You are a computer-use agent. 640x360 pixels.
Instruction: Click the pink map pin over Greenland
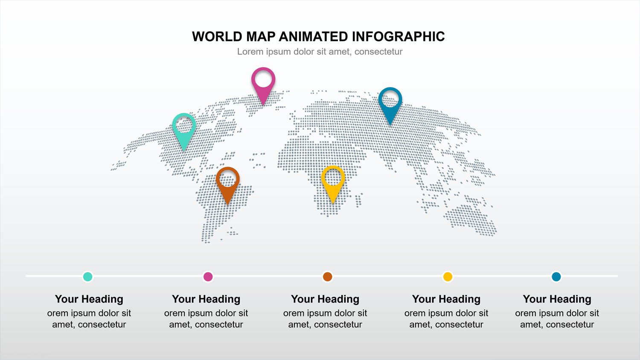(x=263, y=84)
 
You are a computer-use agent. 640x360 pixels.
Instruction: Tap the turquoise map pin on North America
(x=184, y=130)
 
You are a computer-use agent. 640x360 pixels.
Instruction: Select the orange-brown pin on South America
(x=227, y=183)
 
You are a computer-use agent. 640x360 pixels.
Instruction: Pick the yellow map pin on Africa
(x=333, y=182)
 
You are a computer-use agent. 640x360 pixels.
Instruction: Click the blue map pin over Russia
(x=390, y=104)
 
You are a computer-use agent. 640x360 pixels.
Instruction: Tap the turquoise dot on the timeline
(x=87, y=276)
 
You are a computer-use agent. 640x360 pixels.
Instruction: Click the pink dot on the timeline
(x=208, y=276)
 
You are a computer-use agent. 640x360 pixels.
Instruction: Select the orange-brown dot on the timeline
(x=327, y=276)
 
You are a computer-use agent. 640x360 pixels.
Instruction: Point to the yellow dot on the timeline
(x=448, y=276)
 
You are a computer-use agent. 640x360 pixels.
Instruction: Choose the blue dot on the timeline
(x=556, y=276)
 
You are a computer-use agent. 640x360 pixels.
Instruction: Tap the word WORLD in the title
(x=217, y=37)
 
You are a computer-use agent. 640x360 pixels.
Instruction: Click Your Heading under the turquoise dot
(x=89, y=299)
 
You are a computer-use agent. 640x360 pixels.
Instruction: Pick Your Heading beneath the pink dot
(x=206, y=299)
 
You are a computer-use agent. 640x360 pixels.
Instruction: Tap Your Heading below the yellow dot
(x=446, y=299)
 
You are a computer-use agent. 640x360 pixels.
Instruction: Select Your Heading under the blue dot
(x=557, y=299)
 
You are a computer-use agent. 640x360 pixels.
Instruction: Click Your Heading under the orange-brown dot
(x=325, y=299)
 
